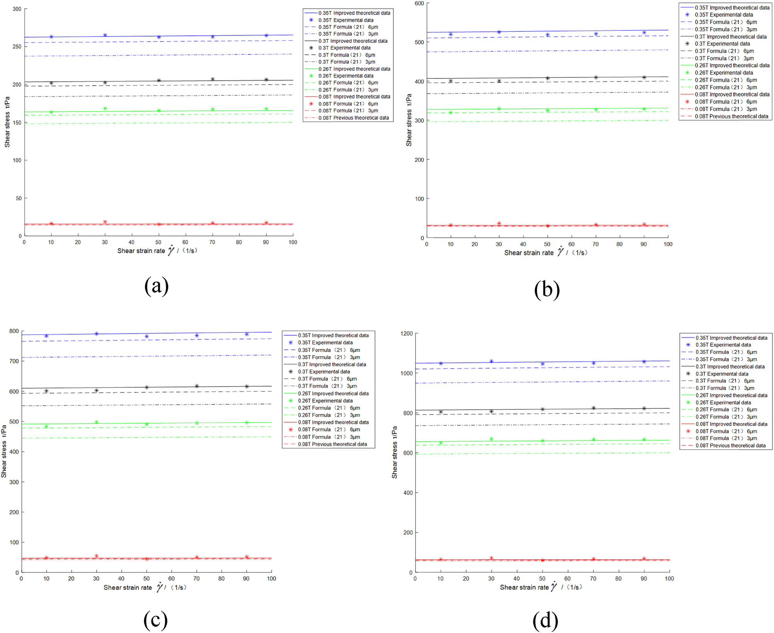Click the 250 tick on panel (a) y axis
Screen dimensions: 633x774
pos(17,47)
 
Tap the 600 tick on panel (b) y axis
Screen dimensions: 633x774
pos(419,3)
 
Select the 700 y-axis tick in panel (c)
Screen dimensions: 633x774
pos(14,361)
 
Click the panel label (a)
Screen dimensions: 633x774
pos(156,286)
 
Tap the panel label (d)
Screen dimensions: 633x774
pos(545,621)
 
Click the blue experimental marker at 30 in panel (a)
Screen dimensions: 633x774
pos(105,35)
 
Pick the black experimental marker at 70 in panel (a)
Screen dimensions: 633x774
pos(212,80)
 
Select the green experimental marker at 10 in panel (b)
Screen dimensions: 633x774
pos(450,113)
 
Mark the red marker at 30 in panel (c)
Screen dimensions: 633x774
pos(97,556)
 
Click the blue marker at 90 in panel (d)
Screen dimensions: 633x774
pos(644,362)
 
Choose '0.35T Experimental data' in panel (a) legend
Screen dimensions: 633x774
pos(346,20)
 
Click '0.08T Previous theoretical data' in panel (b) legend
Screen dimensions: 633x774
pos(731,116)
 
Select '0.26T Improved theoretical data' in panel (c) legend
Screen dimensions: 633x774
pos(333,393)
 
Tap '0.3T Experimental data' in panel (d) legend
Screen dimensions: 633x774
pos(721,374)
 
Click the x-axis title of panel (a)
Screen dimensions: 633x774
pos(157,251)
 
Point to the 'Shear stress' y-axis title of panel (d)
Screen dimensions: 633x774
pos(394,452)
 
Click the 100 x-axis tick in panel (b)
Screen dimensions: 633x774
pos(668,244)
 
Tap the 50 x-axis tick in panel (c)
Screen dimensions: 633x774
pos(146,579)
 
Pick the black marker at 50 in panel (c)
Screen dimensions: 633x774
pos(147,388)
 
